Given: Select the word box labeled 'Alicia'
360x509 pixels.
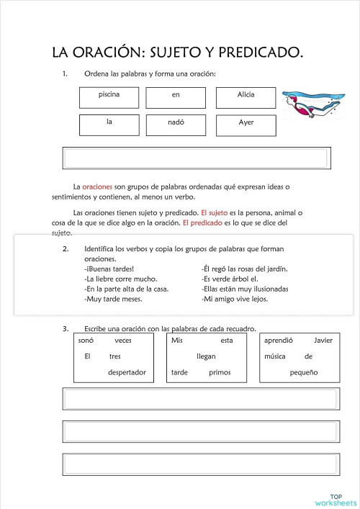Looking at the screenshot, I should coord(246,97).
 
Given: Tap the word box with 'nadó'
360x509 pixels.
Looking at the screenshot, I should coord(176,125).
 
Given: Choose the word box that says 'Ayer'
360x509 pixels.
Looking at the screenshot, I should coord(246,125).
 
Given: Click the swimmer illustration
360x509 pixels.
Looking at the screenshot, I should coord(310,104).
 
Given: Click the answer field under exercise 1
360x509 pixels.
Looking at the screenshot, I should coord(197,158).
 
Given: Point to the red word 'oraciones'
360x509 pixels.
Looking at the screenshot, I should coord(97,186).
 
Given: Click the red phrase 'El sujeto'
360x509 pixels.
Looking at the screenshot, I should coord(215,213).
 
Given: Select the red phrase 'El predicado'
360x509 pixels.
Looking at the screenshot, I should coord(202,223).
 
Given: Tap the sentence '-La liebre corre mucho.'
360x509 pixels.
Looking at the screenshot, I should coord(120,279).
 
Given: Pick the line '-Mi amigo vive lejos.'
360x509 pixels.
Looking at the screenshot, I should coord(235,298).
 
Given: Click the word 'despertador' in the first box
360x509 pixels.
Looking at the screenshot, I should coord(127,372).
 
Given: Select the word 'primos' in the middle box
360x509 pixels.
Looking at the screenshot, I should coord(220,372).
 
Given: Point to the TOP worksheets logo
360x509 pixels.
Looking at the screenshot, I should coord(336,499).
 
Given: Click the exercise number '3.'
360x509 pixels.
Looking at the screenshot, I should coord(66,328).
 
